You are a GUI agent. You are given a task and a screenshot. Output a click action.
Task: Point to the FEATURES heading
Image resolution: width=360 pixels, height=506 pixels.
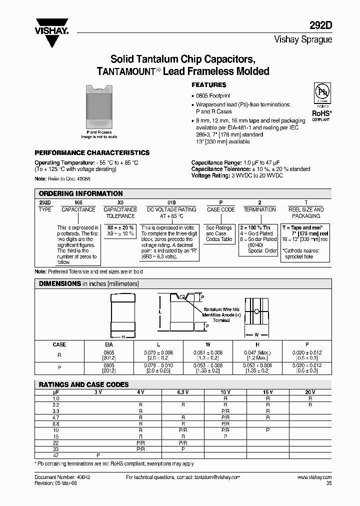[208, 85]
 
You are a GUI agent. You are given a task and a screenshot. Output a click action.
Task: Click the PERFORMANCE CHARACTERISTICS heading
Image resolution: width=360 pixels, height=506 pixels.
[91, 153]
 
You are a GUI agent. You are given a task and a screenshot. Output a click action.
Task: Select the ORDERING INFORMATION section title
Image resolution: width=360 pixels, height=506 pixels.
[80, 193]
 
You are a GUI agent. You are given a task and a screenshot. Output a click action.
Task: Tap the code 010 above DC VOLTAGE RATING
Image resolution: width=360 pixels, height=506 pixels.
[171, 203]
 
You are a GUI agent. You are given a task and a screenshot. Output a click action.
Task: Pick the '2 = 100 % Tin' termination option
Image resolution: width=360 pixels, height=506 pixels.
[258, 227]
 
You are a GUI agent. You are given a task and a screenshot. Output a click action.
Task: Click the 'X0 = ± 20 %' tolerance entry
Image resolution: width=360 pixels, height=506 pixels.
[120, 227]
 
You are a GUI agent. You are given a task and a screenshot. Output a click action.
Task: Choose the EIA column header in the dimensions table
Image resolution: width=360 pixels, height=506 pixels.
[108, 344]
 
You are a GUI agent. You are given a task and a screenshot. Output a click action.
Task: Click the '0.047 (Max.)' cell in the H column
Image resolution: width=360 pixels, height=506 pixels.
[258, 353]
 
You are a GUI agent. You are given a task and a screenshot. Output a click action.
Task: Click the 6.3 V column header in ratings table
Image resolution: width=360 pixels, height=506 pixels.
[181, 392]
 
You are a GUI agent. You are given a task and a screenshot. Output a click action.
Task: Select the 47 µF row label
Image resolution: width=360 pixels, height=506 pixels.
[56, 455]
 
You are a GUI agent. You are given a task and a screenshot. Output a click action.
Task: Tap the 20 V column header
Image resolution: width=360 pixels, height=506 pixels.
[310, 392]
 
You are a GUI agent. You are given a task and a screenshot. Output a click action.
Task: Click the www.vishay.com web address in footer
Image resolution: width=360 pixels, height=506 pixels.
[314, 477]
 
